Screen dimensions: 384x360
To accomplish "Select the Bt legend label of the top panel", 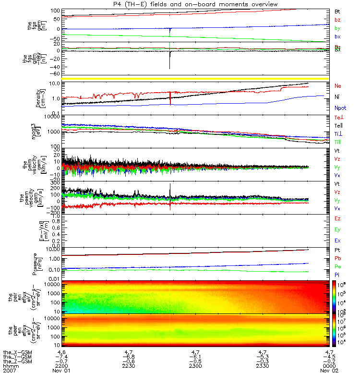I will coord(337,11).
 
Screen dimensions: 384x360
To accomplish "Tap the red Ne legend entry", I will coord(337,86).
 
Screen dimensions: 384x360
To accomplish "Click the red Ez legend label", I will coord(337,218).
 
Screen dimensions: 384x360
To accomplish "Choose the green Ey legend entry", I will coord(337,229).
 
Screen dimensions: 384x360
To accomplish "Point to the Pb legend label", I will coord(337,258).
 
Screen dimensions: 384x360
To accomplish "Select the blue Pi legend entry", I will coord(337,274).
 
